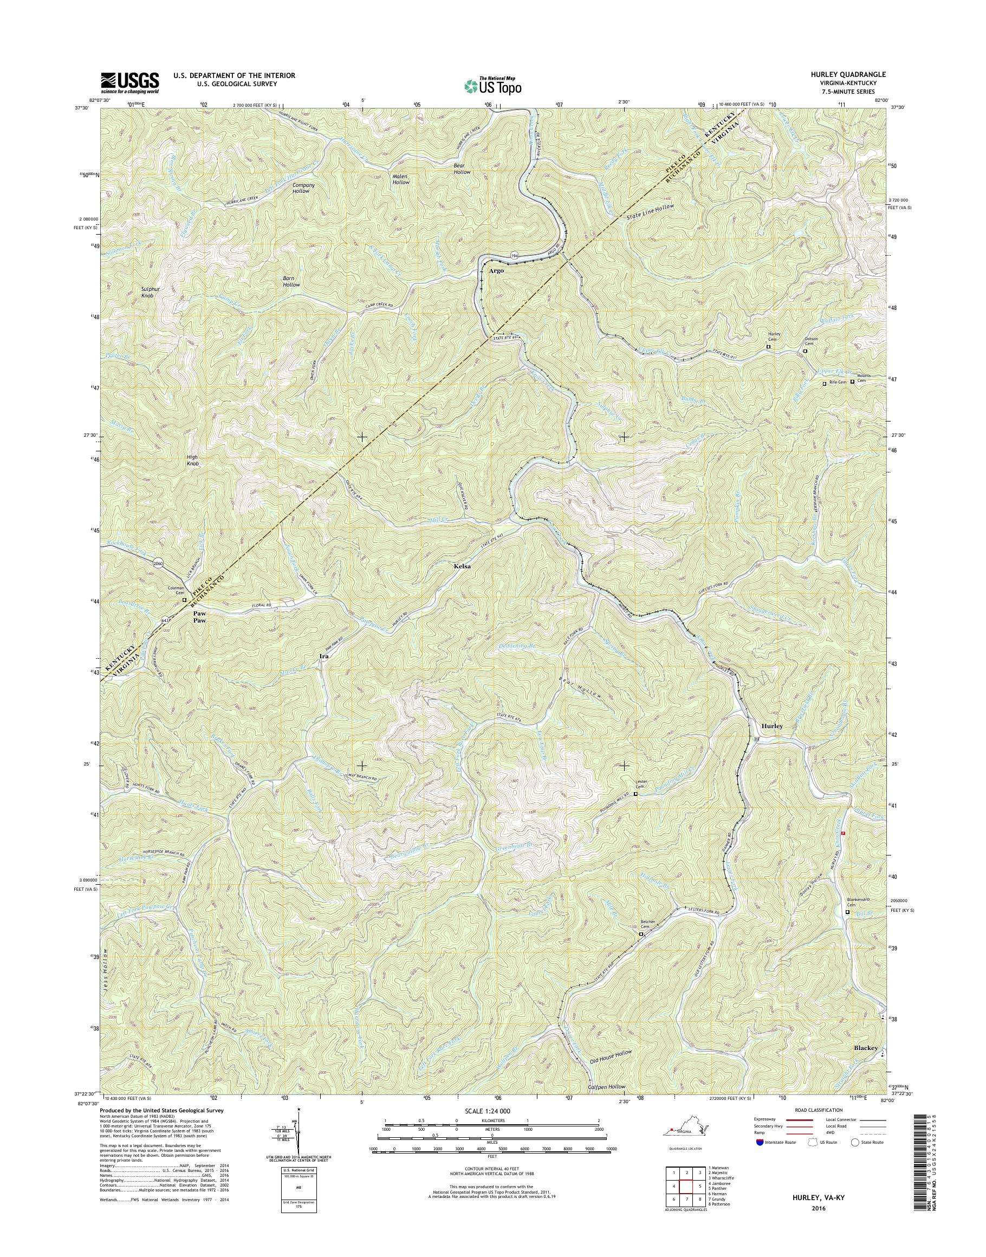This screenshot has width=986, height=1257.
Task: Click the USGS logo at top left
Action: pos(130,82)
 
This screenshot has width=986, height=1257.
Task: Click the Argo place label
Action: pos(496,270)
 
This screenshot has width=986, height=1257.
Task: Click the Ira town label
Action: pos(324,657)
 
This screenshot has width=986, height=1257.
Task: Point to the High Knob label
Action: pos(192,460)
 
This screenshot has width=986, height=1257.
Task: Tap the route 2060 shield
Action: pos(159,562)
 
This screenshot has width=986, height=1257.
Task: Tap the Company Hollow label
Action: pos(303,187)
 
